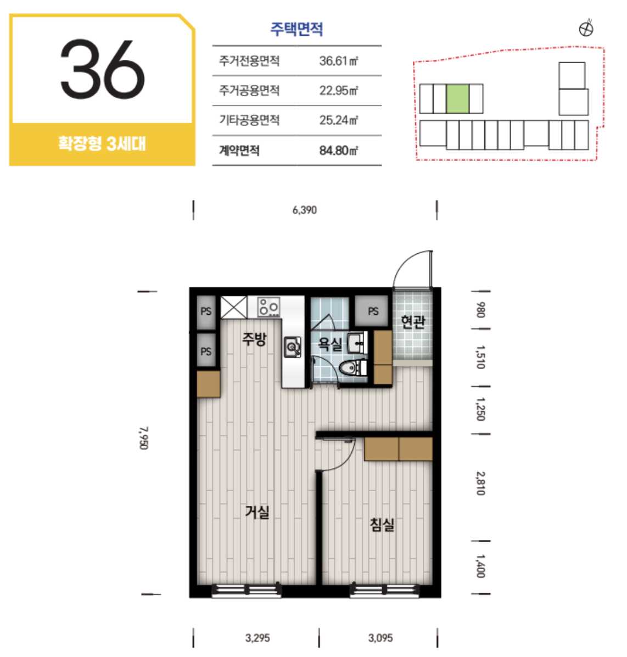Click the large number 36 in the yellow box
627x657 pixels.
pyautogui.click(x=103, y=69)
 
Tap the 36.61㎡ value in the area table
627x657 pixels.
pyautogui.click(x=338, y=61)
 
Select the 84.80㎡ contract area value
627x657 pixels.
pyautogui.click(x=338, y=150)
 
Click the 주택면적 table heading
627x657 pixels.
pyautogui.click(x=296, y=29)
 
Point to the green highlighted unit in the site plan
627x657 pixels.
pyautogui.click(x=457, y=99)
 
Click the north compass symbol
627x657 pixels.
pyautogui.click(x=585, y=29)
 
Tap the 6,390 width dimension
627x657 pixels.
pyautogui.click(x=305, y=210)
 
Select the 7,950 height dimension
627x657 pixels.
pyautogui.click(x=144, y=438)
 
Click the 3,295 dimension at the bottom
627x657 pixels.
pyautogui.click(x=257, y=638)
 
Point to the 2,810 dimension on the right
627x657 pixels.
pyautogui.click(x=481, y=483)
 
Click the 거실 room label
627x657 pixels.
pyautogui.click(x=257, y=511)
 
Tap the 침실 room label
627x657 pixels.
pyautogui.click(x=382, y=524)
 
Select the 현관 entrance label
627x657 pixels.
pyautogui.click(x=413, y=321)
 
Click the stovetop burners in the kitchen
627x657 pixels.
pyautogui.click(x=268, y=307)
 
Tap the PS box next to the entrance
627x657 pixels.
pyautogui.click(x=373, y=311)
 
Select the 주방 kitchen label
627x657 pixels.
pyautogui.click(x=254, y=338)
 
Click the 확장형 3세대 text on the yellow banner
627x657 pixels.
pyautogui.click(x=102, y=144)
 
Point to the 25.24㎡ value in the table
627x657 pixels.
pyautogui.click(x=338, y=120)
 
